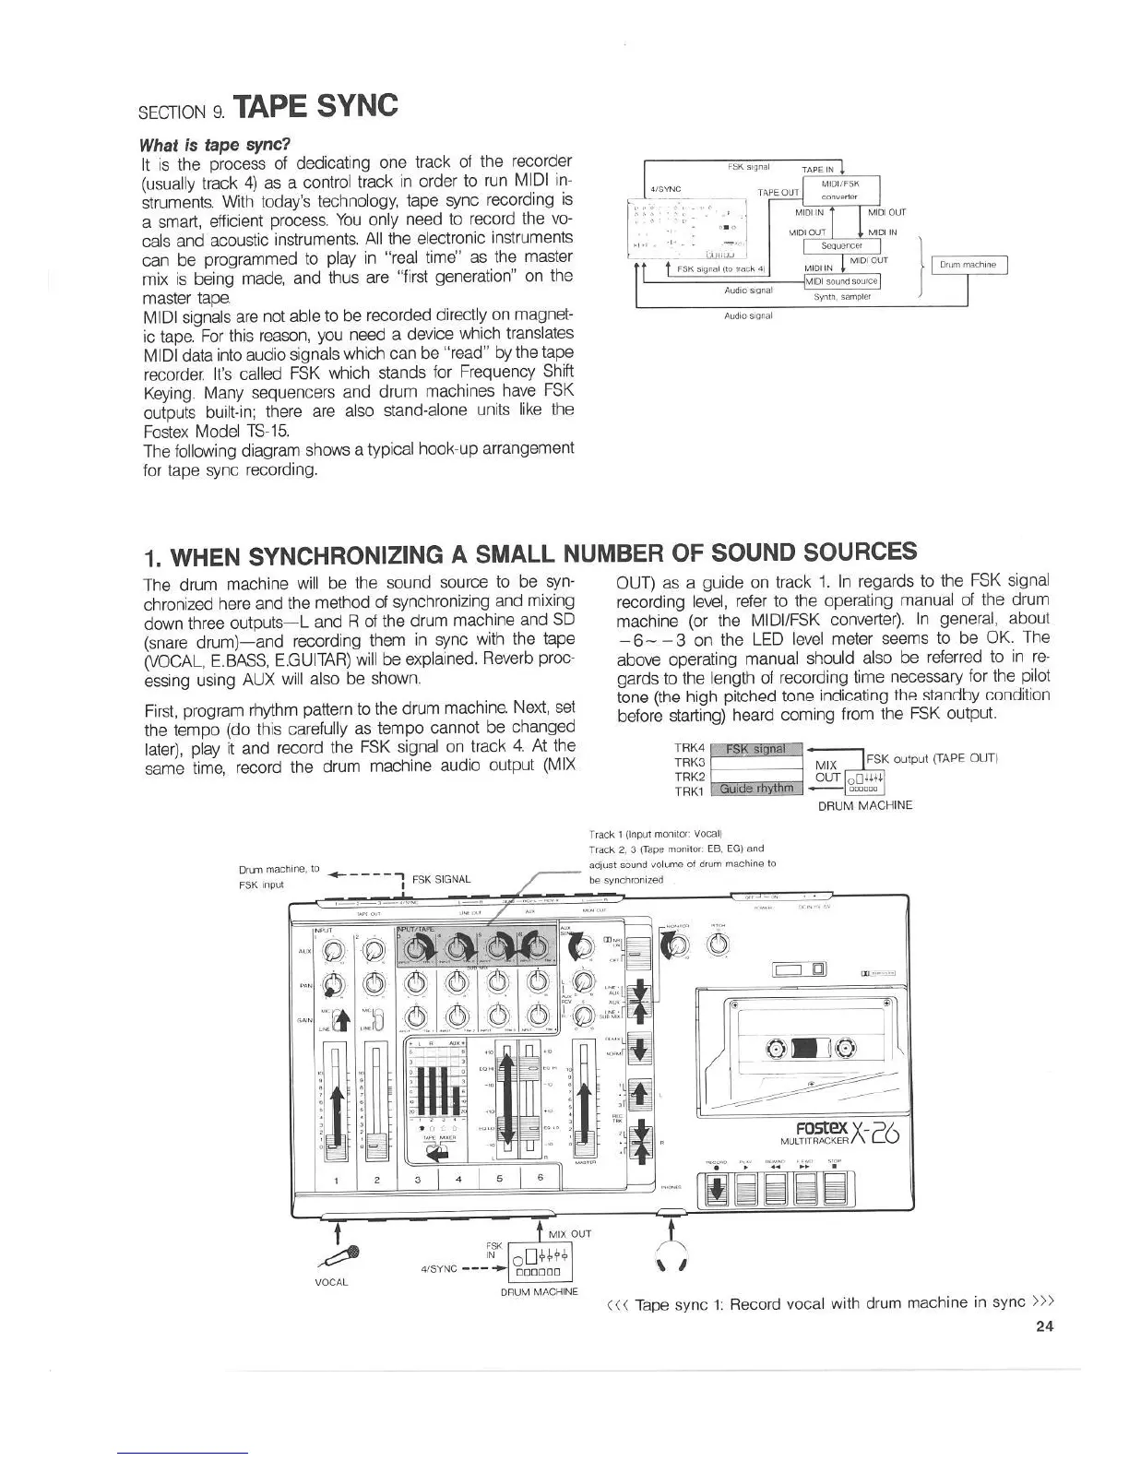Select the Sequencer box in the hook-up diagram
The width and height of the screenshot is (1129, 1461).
tap(841, 246)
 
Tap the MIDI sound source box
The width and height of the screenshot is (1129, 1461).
tap(842, 281)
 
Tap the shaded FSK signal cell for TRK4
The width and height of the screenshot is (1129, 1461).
tap(755, 748)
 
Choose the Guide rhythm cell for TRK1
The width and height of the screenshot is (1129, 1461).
tap(755, 788)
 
